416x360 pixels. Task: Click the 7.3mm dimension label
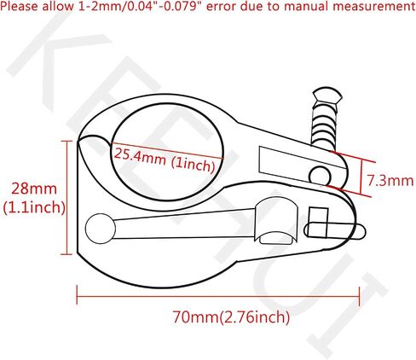[x=390, y=181]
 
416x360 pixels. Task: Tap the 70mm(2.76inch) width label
[x=231, y=317]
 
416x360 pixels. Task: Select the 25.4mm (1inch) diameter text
[x=165, y=160]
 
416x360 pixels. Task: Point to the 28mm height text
[x=34, y=189]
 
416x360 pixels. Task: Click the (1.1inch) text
[x=34, y=207]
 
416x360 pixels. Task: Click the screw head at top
[x=326, y=97]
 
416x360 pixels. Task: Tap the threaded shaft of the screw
[x=325, y=126]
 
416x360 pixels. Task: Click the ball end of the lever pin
[x=101, y=229]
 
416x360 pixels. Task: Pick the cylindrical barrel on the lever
[x=276, y=221]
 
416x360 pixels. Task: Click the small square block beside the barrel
[x=318, y=223]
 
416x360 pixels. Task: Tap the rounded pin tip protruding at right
[x=360, y=230]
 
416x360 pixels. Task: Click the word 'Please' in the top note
[x=20, y=7]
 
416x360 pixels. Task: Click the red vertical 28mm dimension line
[x=67, y=197]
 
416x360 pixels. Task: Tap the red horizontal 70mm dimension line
[x=218, y=297]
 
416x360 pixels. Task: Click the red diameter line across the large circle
[x=167, y=150]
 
